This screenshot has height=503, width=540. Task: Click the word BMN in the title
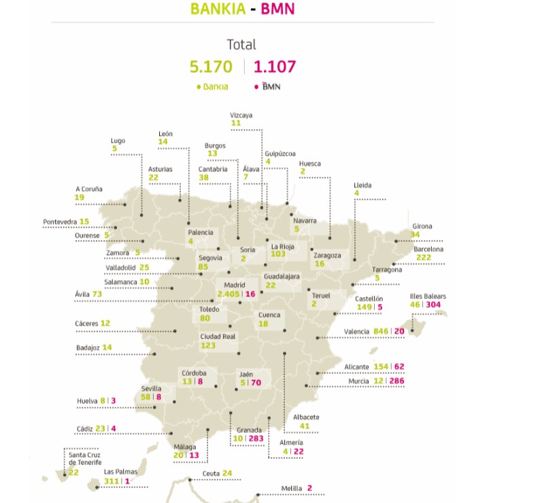(278, 10)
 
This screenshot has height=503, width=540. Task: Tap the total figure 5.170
(211, 67)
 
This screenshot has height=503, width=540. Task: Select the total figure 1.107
(275, 67)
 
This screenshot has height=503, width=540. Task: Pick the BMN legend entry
(268, 87)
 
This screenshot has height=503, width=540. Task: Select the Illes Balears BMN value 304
(437, 305)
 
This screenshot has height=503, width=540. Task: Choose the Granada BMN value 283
(256, 439)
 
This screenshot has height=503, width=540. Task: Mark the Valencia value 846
(384, 331)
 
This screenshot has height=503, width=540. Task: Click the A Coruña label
(88, 189)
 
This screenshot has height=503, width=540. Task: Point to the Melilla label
(292, 488)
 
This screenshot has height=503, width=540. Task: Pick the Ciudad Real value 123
(209, 345)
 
